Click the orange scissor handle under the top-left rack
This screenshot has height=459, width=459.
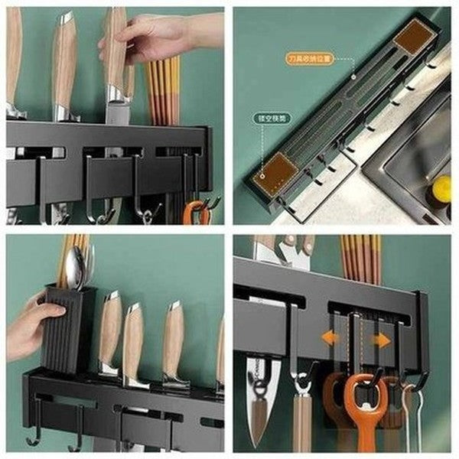click(x=197, y=213)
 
